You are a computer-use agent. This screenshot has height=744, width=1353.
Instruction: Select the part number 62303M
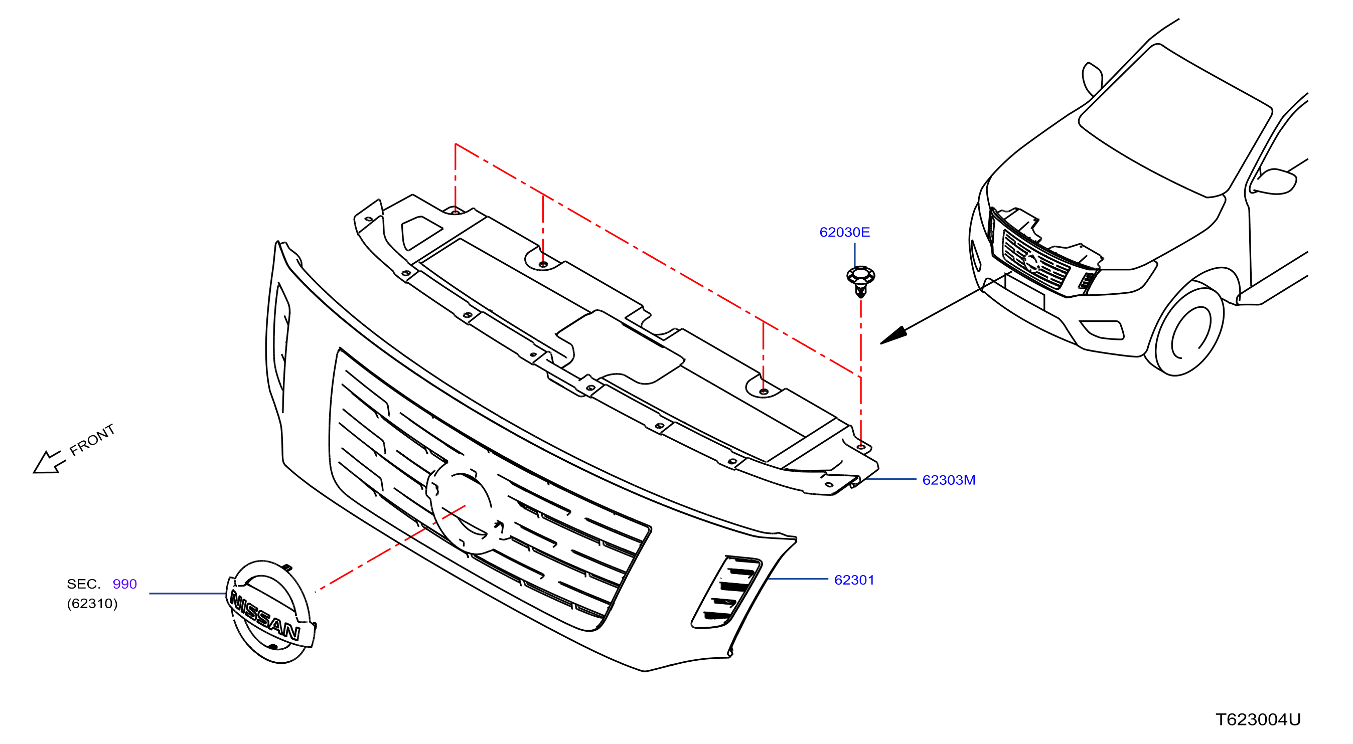(948, 480)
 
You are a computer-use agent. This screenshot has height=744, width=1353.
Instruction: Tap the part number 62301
(853, 580)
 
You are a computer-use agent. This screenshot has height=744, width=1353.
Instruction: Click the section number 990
(124, 584)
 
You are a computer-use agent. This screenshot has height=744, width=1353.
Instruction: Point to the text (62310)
(92, 603)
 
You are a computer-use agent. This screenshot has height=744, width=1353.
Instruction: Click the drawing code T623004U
(1257, 719)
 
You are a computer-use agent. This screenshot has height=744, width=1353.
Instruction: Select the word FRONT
(92, 440)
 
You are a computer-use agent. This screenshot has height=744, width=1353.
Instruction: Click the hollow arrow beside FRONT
(49, 463)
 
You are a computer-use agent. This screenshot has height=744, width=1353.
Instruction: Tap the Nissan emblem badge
(271, 612)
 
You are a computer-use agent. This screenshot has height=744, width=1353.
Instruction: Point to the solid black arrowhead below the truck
(893, 335)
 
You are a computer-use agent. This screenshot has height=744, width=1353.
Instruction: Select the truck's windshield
(1175, 120)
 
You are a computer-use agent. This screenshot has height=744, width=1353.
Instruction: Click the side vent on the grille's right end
(726, 592)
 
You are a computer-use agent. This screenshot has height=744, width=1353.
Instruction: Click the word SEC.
(83, 584)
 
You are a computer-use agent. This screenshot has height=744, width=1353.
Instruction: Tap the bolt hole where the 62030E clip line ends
(861, 446)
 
